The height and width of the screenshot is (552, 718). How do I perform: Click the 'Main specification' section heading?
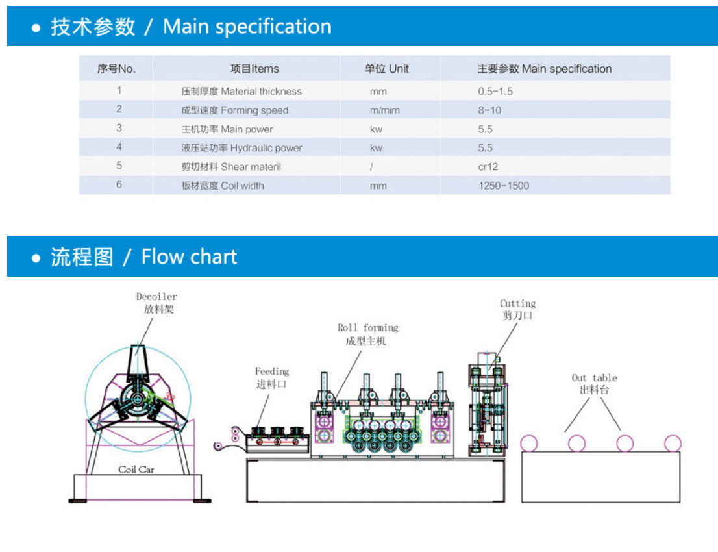click(x=191, y=27)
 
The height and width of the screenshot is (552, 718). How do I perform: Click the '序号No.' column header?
click(x=116, y=69)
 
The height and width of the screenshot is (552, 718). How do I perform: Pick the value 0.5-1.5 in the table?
click(x=495, y=92)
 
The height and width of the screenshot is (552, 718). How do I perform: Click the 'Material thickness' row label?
click(x=241, y=92)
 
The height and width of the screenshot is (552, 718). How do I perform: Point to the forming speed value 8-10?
click(x=489, y=110)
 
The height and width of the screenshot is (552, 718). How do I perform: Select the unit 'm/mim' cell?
click(x=385, y=110)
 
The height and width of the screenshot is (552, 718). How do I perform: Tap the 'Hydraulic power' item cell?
click(x=241, y=148)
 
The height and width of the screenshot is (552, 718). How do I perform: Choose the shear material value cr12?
click(x=488, y=167)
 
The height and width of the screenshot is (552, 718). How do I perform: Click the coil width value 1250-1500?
click(x=503, y=186)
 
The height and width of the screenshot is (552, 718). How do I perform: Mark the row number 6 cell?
click(x=119, y=185)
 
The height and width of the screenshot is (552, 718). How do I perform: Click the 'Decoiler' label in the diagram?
click(x=156, y=297)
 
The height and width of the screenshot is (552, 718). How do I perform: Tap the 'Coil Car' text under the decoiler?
click(x=136, y=469)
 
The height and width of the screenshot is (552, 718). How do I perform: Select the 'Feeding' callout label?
click(x=271, y=371)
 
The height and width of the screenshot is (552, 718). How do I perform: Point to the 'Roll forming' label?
click(x=367, y=328)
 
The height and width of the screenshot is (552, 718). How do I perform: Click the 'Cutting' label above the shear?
click(x=517, y=303)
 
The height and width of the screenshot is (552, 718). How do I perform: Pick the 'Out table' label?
click(x=594, y=378)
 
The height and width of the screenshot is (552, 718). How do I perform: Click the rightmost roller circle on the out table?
click(x=673, y=444)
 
